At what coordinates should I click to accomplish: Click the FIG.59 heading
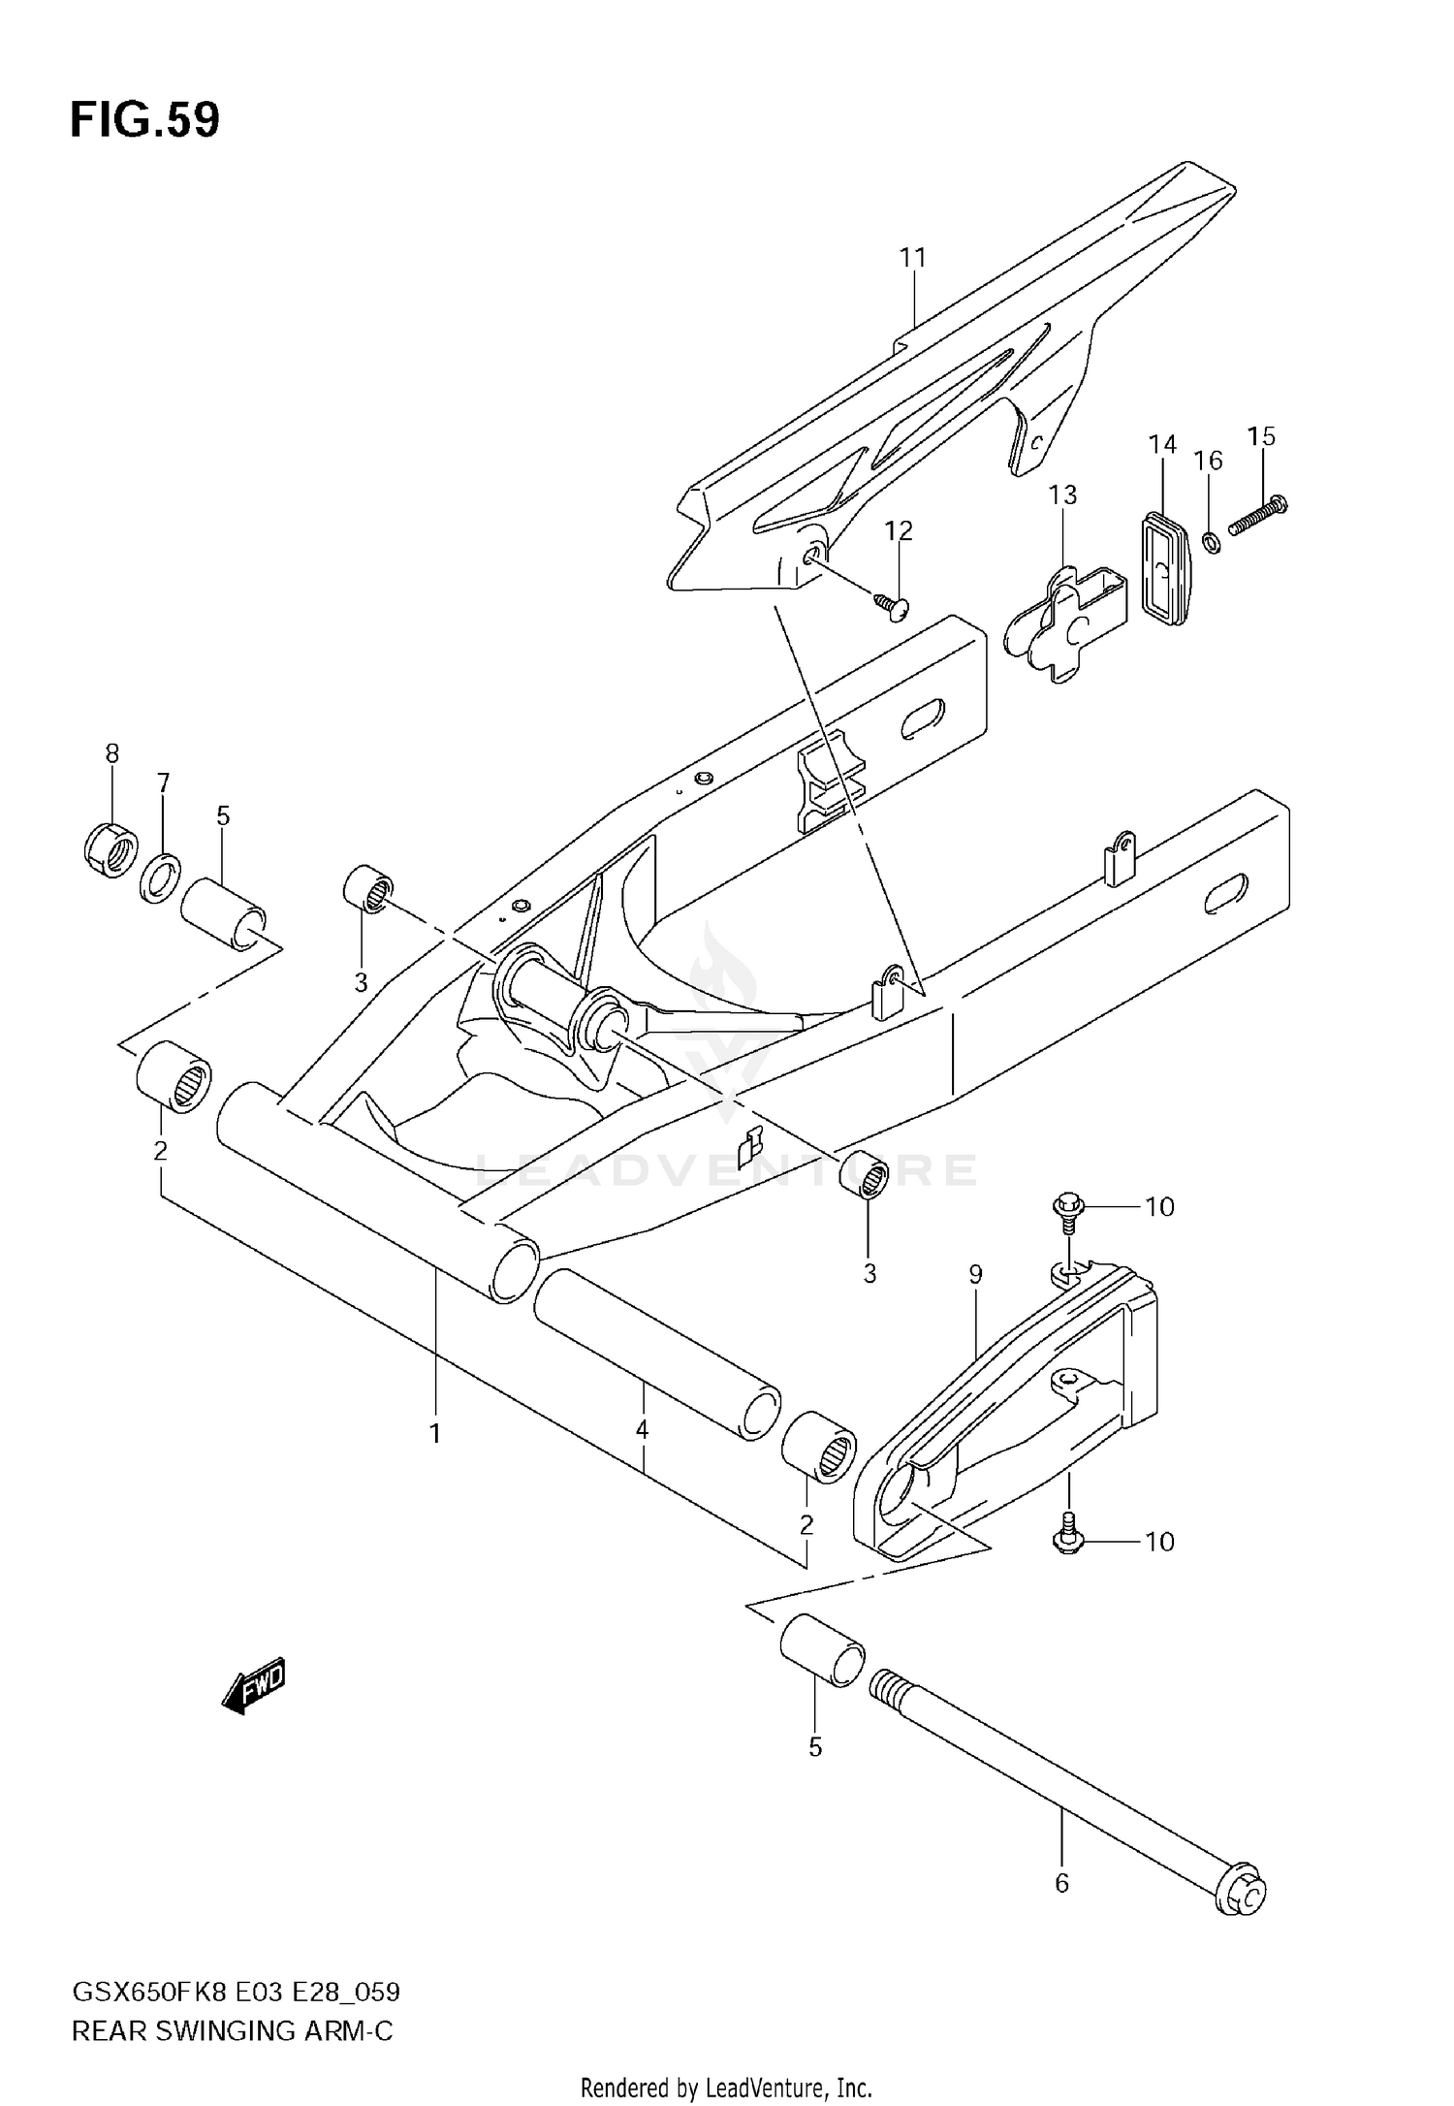(x=145, y=120)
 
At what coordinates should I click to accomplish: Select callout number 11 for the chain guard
(x=912, y=258)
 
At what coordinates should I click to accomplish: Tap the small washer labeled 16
(x=1210, y=540)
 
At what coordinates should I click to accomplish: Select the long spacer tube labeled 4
(x=659, y=1356)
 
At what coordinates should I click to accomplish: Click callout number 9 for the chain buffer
(x=975, y=1274)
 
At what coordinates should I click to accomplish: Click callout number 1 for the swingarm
(x=435, y=1433)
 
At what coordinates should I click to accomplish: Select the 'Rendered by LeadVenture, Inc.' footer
(x=726, y=2081)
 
